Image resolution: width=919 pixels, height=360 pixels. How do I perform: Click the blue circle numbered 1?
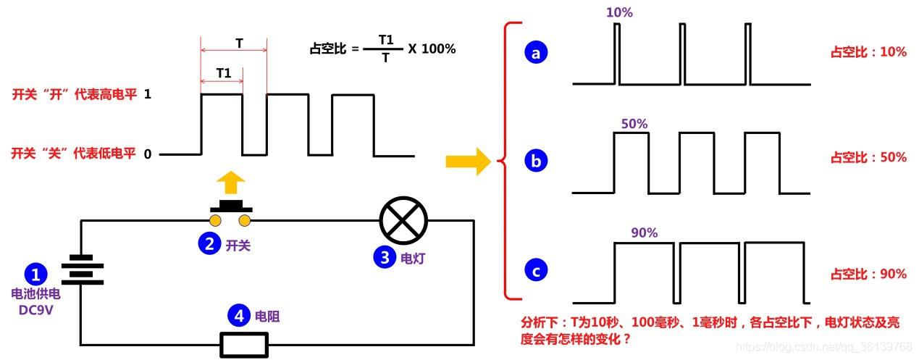pyautogui.click(x=35, y=274)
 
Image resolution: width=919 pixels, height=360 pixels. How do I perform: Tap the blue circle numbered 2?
pyautogui.click(x=209, y=245)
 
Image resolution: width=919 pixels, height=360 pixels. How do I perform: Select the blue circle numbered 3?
pyautogui.click(x=384, y=257)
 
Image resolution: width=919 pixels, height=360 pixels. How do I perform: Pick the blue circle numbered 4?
pyautogui.click(x=238, y=316)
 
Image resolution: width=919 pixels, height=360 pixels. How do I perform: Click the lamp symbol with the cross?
pyautogui.click(x=403, y=220)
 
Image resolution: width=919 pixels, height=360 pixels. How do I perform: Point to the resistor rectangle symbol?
pyautogui.click(x=244, y=344)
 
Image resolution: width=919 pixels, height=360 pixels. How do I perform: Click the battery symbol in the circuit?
pyautogui.click(x=82, y=269)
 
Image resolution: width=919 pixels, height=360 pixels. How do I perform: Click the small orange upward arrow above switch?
pyautogui.click(x=230, y=183)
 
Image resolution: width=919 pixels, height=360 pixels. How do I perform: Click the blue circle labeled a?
pyautogui.click(x=536, y=53)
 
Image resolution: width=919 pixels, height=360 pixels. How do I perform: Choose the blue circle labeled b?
pyautogui.click(x=536, y=162)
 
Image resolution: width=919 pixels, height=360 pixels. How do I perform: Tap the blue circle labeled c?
pyautogui.click(x=536, y=272)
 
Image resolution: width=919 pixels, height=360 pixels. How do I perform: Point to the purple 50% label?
pyautogui.click(x=634, y=123)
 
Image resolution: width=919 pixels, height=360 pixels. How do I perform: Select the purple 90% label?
pyautogui.click(x=644, y=233)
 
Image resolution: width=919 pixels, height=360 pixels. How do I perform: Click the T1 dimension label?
pyautogui.click(x=224, y=73)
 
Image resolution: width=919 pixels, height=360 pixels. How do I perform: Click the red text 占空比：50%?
pyautogui.click(x=868, y=157)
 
